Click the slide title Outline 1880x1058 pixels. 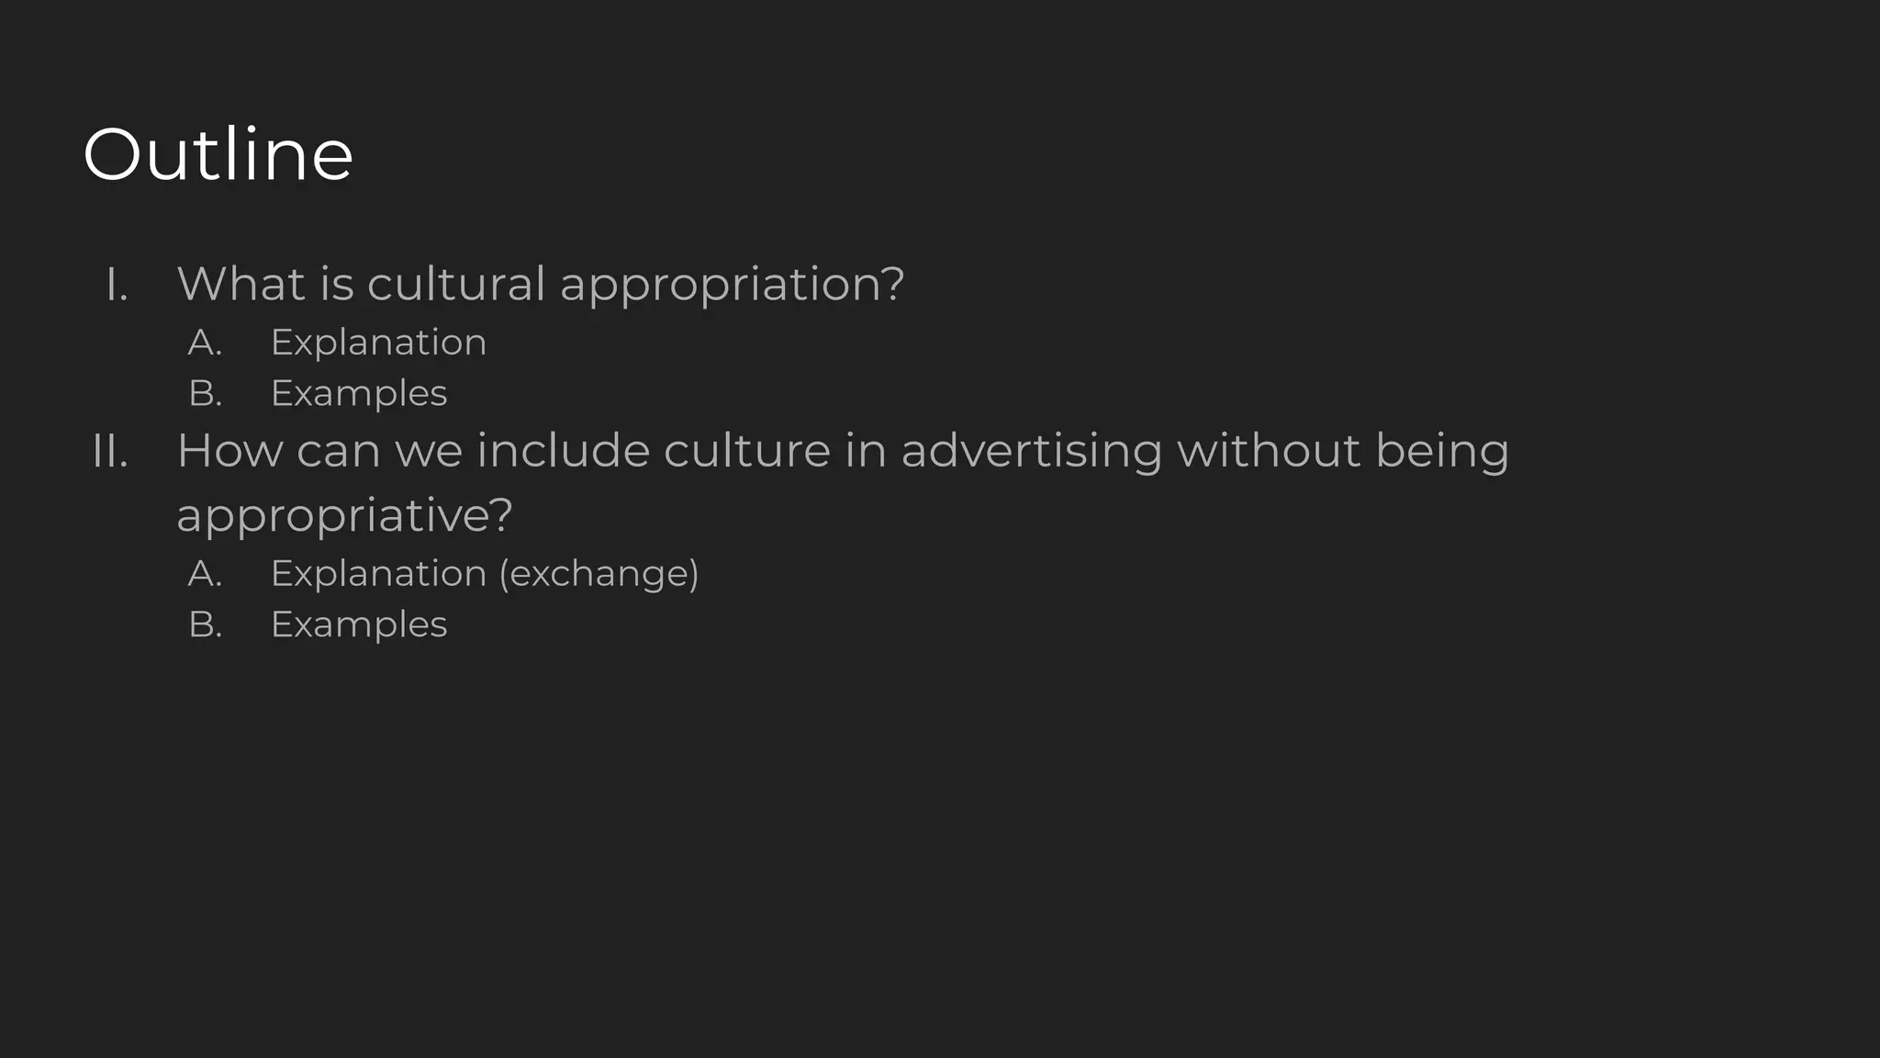(218, 154)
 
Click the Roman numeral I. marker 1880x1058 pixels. (117, 285)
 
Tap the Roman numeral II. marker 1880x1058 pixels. (110, 452)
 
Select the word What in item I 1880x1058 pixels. (241, 283)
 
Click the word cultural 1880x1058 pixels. (456, 283)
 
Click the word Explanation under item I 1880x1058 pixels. (378, 343)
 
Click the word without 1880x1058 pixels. (1269, 451)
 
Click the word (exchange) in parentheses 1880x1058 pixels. (599, 574)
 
